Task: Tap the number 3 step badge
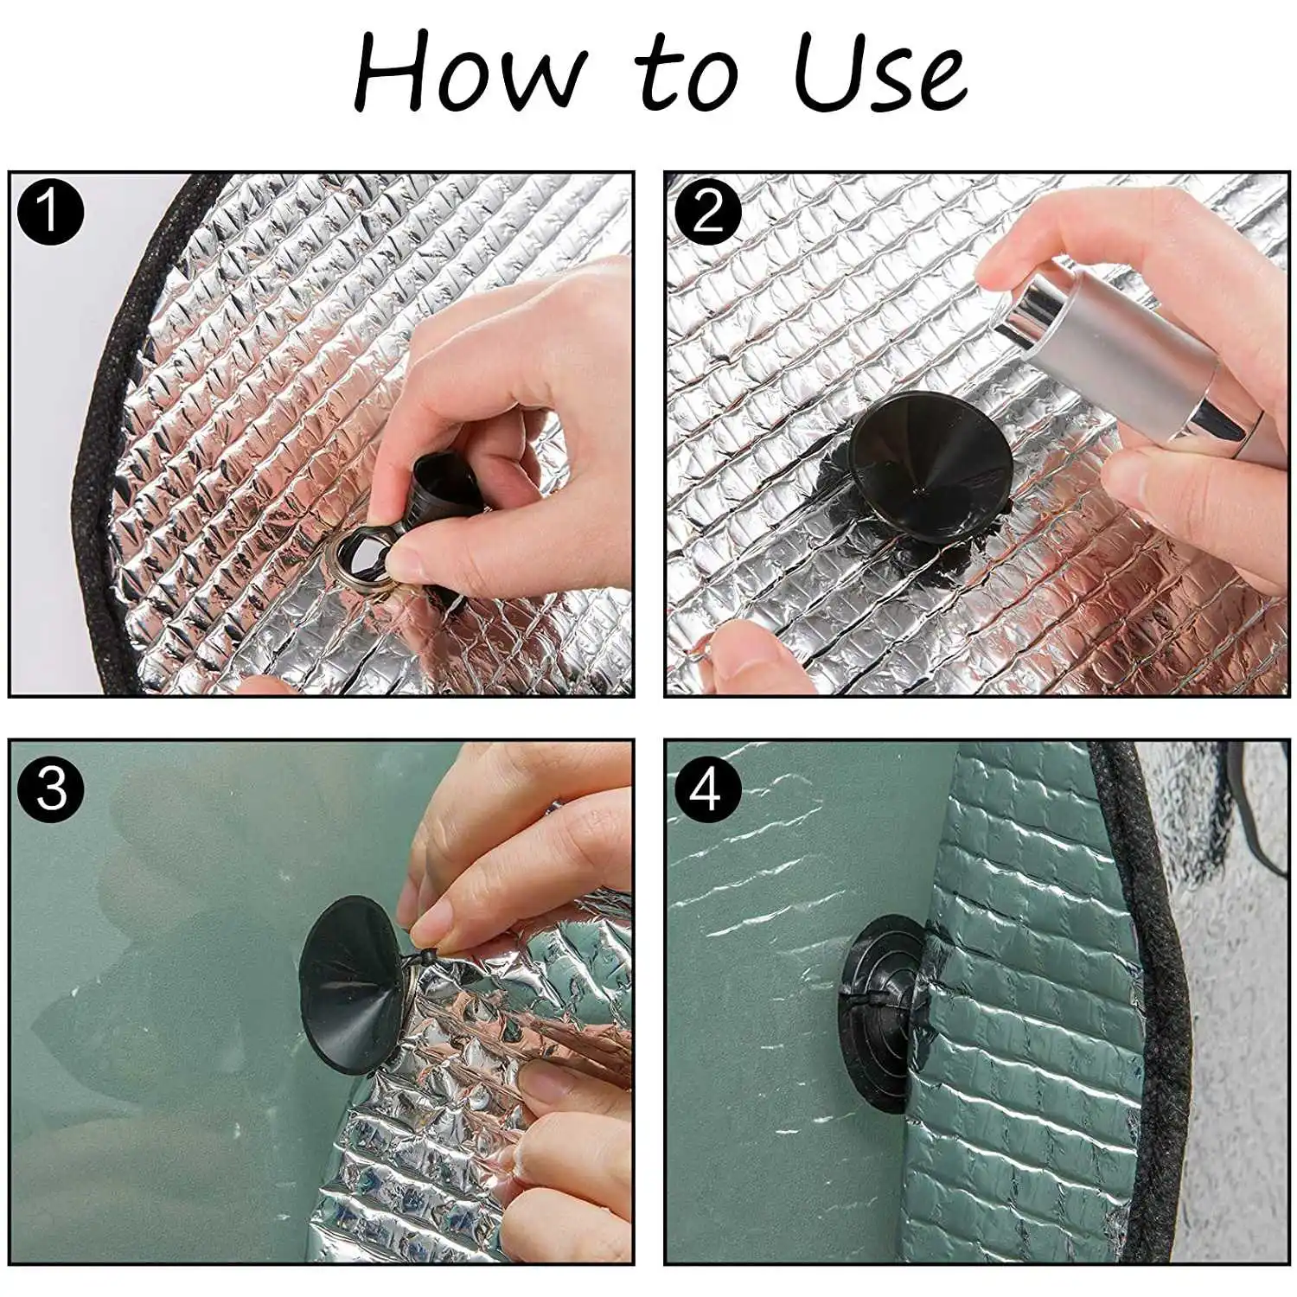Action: (50, 789)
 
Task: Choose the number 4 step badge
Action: (706, 789)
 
